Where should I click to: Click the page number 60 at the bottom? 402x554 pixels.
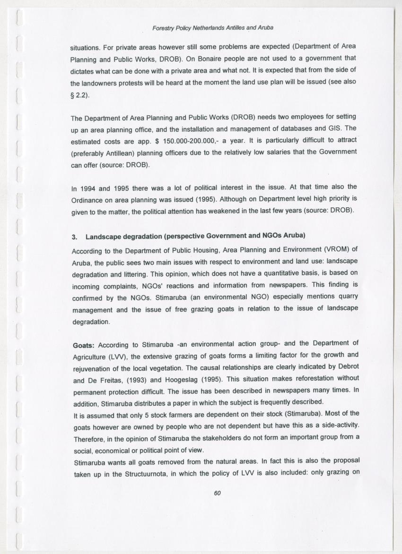217,493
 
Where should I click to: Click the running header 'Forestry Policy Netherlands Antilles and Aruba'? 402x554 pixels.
213,28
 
